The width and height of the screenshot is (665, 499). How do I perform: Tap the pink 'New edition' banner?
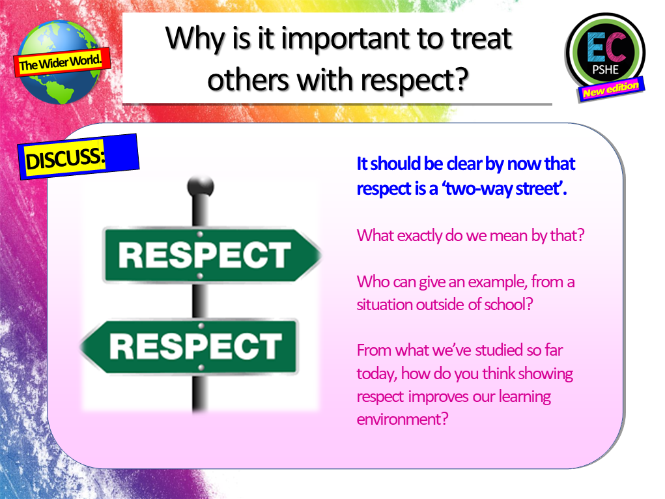(611, 89)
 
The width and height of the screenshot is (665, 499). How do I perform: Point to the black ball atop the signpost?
(201, 187)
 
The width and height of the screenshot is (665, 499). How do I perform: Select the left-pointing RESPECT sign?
(189, 345)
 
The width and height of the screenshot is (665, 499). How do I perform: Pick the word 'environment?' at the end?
(403, 418)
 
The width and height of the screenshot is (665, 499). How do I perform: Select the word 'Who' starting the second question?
(371, 283)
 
